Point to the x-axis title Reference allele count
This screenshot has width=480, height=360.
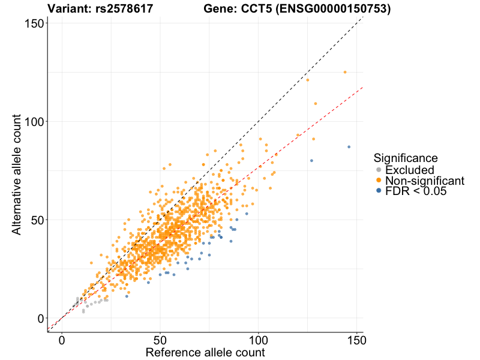tap(205, 352)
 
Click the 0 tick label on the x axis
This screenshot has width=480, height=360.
tap(62, 340)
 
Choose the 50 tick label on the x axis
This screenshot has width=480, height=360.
tap(160, 340)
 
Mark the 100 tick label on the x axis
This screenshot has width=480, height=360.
tap(259, 340)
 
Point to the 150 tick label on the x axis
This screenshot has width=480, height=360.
tap(356, 340)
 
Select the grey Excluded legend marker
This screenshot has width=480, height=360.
tap(378, 170)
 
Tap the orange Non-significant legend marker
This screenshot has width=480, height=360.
tap(378, 181)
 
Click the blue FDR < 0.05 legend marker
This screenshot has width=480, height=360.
tap(378, 191)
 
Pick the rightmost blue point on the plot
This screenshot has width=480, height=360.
tap(349, 147)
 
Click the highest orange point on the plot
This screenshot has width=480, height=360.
tap(345, 72)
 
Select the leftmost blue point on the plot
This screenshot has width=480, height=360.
tap(127, 296)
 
